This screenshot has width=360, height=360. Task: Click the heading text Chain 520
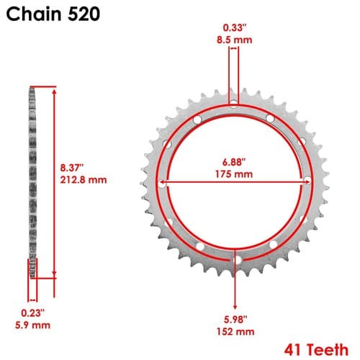(53, 14)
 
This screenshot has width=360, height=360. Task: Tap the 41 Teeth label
(316, 350)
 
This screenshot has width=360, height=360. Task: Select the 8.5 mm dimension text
(235, 40)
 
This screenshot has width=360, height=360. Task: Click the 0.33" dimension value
(235, 27)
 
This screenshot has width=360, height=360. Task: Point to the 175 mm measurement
(234, 174)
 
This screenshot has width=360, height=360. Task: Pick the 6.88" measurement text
(234, 162)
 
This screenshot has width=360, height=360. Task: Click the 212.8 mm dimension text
(84, 180)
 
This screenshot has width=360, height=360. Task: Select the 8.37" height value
(71, 168)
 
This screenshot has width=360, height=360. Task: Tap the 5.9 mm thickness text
(32, 325)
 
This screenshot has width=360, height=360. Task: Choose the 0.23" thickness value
(32, 313)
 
